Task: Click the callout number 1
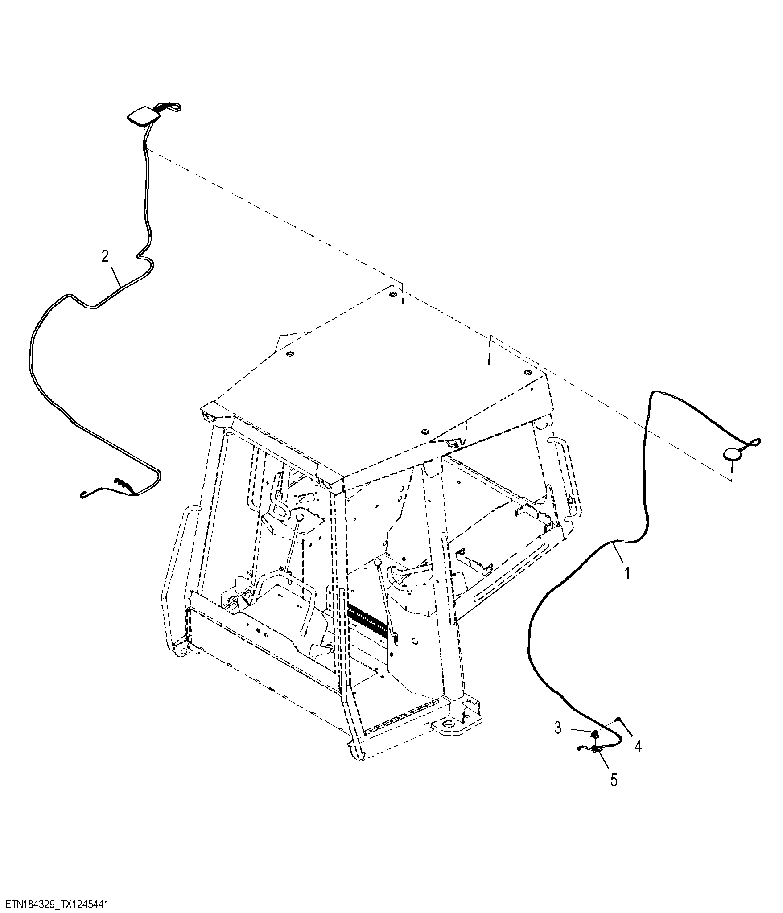click(x=627, y=573)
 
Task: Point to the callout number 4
click(x=638, y=746)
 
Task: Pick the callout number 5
click(x=614, y=780)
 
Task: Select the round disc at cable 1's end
click(x=732, y=454)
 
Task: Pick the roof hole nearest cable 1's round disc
click(x=528, y=372)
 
